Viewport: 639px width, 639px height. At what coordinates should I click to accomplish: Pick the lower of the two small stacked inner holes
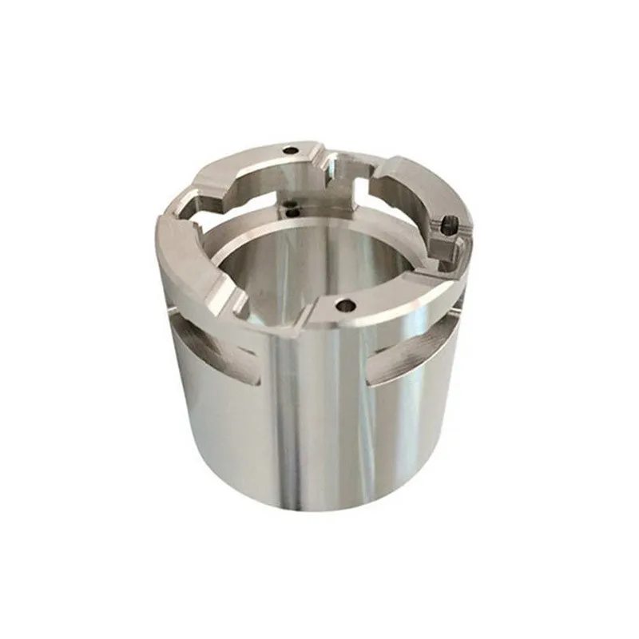click(293, 213)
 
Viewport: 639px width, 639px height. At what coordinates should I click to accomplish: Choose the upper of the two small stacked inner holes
click(288, 205)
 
